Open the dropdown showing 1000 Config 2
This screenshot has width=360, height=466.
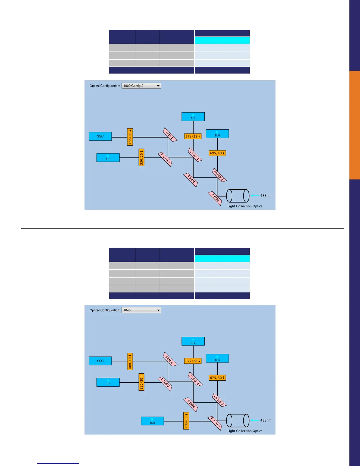tap(141, 86)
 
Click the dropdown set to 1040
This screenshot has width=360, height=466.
tap(141, 310)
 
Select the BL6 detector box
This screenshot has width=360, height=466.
tap(217, 134)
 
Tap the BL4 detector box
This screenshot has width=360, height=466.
tap(217, 358)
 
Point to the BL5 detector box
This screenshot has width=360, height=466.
tap(152, 421)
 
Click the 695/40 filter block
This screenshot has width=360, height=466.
tap(217, 153)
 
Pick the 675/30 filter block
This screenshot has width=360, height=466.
tap(217, 378)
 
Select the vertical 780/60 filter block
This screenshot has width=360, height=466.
tap(186, 421)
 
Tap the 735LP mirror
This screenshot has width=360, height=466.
tap(215, 423)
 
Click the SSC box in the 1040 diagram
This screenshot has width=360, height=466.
tap(100, 361)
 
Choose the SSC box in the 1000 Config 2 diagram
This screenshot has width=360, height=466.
tap(100, 137)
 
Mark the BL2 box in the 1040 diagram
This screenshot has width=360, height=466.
tap(193, 341)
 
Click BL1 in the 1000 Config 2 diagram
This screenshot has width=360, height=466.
tap(108, 158)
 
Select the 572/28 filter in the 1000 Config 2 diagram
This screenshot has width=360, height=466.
tap(193, 137)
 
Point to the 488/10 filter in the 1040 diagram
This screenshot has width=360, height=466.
tap(130, 361)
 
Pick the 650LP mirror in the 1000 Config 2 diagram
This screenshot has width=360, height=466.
tap(219, 175)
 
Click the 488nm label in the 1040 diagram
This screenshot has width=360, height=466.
tap(266, 420)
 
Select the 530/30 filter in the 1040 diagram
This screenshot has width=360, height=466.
tap(141, 382)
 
